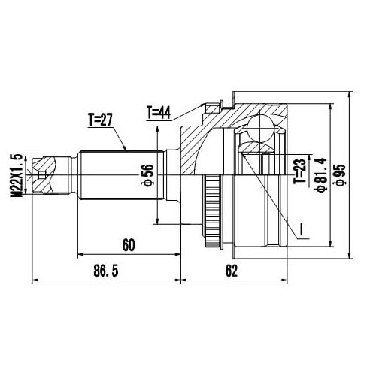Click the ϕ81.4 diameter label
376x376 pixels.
point(322,174)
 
